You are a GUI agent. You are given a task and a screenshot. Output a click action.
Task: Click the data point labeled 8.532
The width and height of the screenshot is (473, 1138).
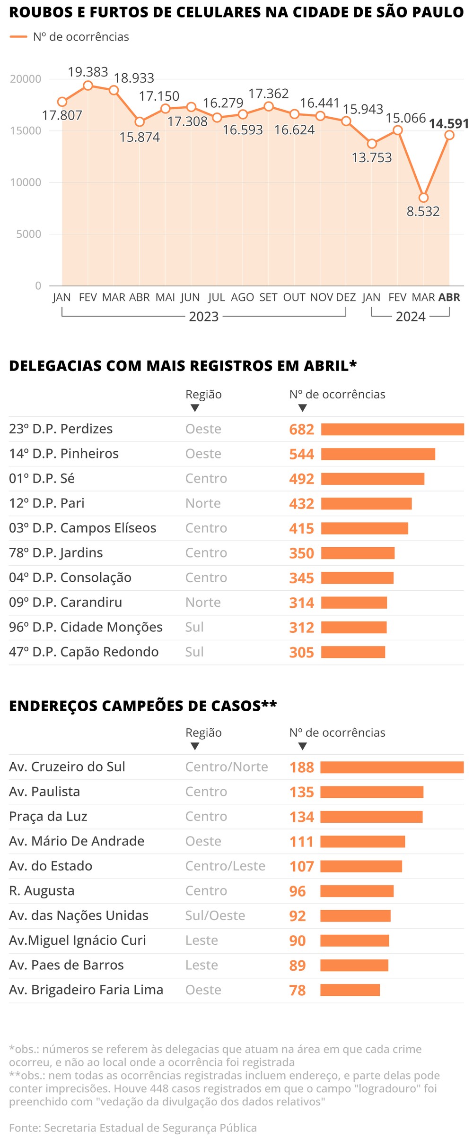tap(423, 198)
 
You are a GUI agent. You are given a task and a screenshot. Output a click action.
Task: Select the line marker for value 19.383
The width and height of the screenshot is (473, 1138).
tap(88, 86)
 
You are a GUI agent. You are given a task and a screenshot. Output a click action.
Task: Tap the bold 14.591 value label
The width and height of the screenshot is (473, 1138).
tap(448, 124)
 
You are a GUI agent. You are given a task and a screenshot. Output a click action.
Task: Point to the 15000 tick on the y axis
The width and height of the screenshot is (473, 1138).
tap(26, 131)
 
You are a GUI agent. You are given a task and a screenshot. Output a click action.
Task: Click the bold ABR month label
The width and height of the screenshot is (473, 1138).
tap(449, 297)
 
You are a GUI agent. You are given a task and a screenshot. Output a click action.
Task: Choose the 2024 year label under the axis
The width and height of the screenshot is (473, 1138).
tap(410, 317)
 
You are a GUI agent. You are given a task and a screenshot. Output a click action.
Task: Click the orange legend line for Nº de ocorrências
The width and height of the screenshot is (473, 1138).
tap(18, 37)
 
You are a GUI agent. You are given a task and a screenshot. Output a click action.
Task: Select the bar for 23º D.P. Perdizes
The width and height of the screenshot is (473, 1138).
tap(392, 429)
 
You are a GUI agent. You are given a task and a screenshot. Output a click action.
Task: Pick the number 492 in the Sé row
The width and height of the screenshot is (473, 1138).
tap(301, 479)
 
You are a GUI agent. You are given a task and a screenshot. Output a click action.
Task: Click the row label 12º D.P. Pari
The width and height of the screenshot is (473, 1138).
tap(46, 503)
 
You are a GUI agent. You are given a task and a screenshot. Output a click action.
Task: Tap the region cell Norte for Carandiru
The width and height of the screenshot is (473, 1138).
tap(203, 603)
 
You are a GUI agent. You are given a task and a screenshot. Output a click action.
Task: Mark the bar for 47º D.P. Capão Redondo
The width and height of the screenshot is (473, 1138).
tap(353, 652)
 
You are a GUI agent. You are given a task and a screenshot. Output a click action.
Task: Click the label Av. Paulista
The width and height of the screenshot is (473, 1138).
tap(44, 792)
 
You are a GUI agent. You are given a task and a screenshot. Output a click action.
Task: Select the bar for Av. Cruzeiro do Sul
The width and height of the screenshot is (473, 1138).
tap(392, 767)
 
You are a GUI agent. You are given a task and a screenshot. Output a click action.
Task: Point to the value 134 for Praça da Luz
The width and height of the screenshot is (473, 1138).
tap(301, 817)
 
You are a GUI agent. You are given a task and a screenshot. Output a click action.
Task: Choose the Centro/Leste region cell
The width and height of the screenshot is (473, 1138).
tap(225, 866)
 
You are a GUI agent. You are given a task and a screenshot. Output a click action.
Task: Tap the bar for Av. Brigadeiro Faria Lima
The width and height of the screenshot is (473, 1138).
tap(350, 990)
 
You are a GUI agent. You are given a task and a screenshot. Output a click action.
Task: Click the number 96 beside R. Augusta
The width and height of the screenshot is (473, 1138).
tap(297, 891)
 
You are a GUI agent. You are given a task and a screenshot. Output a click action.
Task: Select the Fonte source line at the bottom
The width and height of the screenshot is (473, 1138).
tap(132, 1128)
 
